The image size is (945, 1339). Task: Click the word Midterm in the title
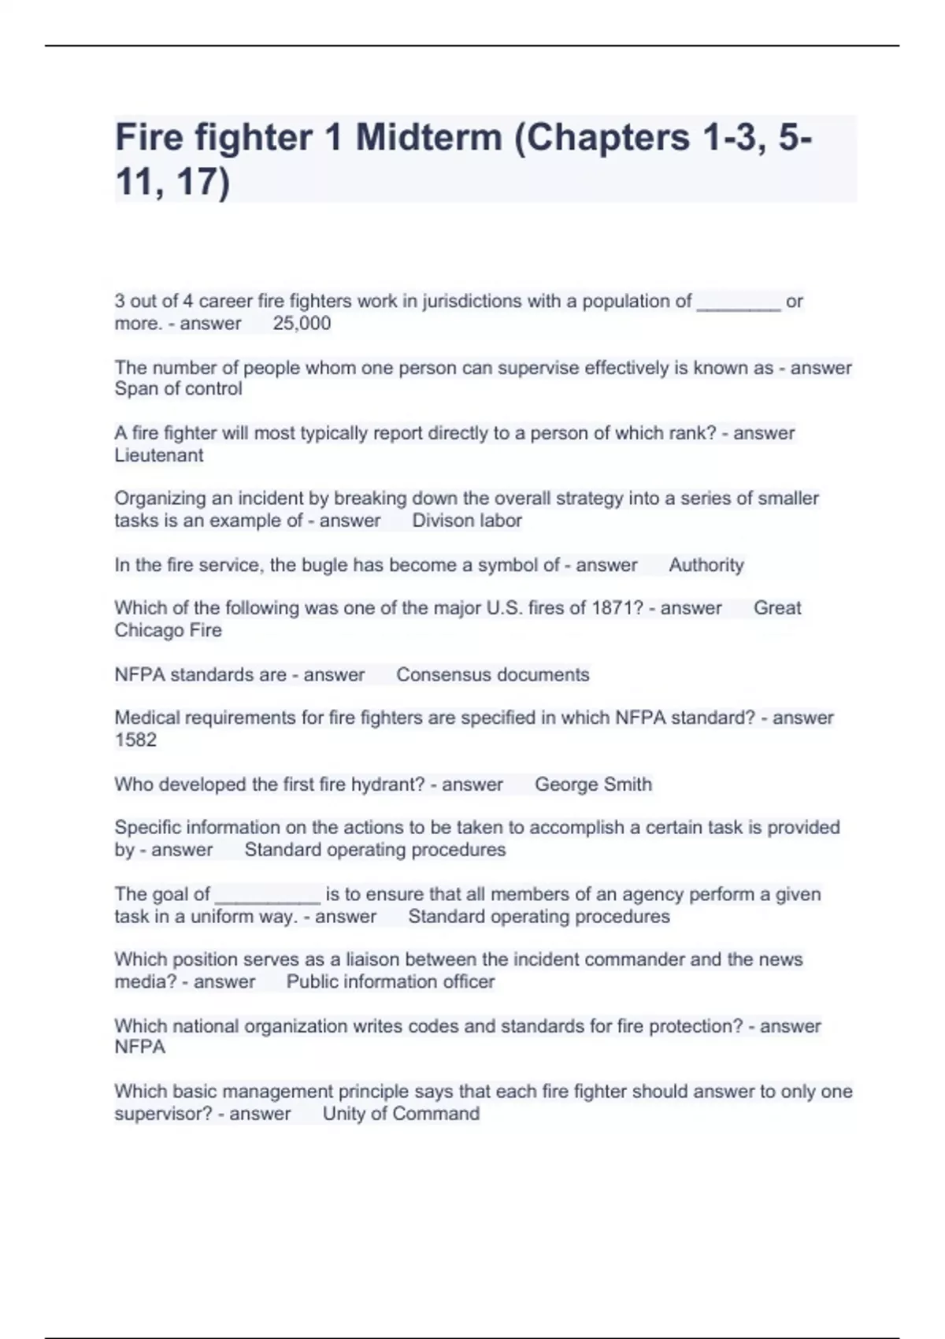pyautogui.click(x=428, y=138)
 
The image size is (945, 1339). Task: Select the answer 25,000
pyautogui.click(x=302, y=323)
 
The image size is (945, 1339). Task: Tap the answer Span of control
pyautogui.click(x=178, y=389)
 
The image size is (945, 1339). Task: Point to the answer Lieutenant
pyautogui.click(x=158, y=455)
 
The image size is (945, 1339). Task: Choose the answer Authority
pyautogui.click(x=706, y=565)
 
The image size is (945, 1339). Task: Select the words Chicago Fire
pyautogui.click(x=168, y=630)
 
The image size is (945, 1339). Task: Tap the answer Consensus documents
pyautogui.click(x=492, y=675)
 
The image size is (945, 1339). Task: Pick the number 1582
pyautogui.click(x=135, y=740)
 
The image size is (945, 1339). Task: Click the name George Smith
pyautogui.click(x=593, y=784)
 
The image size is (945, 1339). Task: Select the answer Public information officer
pyautogui.click(x=390, y=982)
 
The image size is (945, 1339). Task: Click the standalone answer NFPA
pyautogui.click(x=139, y=1048)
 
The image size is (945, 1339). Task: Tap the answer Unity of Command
pyautogui.click(x=401, y=1114)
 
